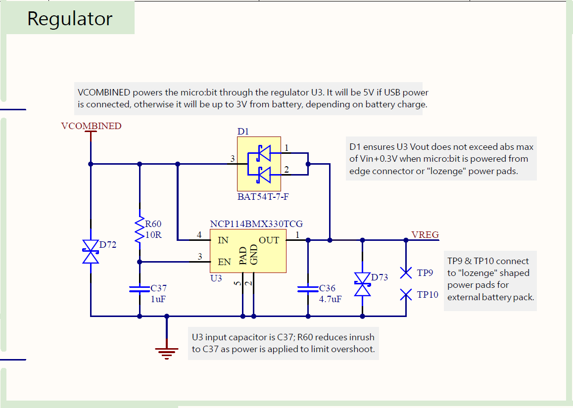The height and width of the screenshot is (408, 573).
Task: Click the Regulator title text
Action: coord(70,19)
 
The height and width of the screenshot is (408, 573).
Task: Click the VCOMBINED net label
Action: coord(91,126)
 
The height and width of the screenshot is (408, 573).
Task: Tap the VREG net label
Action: coord(425,234)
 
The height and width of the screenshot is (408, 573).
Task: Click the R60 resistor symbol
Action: coord(140,230)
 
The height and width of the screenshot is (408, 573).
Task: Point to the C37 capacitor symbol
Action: coord(140,289)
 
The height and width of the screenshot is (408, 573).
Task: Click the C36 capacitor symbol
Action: coord(308,289)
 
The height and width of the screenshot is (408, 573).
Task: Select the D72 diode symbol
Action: coord(91,252)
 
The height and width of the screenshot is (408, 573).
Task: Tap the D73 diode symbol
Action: coord(363,284)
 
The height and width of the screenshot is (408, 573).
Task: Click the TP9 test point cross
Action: coord(406,272)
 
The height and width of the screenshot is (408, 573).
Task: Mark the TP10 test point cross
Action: coord(406,295)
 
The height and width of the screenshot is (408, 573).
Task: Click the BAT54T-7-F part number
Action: coord(263,196)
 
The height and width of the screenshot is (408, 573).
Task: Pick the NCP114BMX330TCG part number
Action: coord(256,224)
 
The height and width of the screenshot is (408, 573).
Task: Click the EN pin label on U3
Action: coord(224,262)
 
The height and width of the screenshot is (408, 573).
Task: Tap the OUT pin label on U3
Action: coord(269,240)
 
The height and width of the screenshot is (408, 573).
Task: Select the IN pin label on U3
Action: coord(223,240)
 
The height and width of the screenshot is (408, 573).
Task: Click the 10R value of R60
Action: coord(153,235)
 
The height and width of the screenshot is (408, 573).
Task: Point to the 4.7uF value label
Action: coord(330,299)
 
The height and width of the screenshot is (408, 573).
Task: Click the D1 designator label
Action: coord(243,132)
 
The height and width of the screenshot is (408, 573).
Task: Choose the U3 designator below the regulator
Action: coord(216,278)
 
